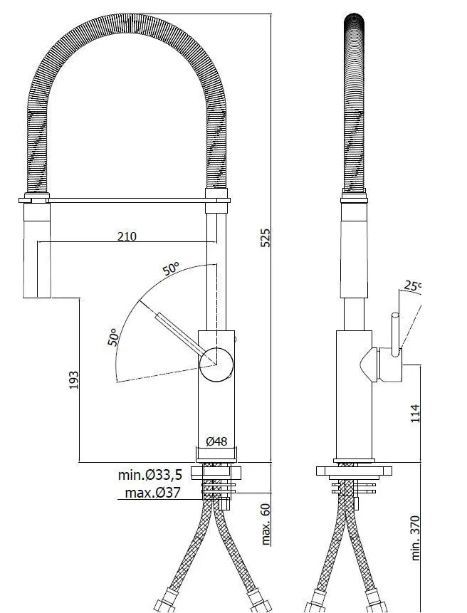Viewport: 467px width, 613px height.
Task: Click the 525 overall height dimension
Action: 265,237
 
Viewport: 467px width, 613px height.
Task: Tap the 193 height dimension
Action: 73,379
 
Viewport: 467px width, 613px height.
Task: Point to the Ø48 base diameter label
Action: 216,441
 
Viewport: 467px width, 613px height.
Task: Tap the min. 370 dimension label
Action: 417,538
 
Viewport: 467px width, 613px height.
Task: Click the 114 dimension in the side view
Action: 416,412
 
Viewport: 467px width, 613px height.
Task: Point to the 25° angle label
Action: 411,287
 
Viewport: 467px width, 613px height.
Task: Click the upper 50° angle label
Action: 171,269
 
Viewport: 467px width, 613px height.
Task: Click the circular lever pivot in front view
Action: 216,365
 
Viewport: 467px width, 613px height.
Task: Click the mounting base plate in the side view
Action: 354,471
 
